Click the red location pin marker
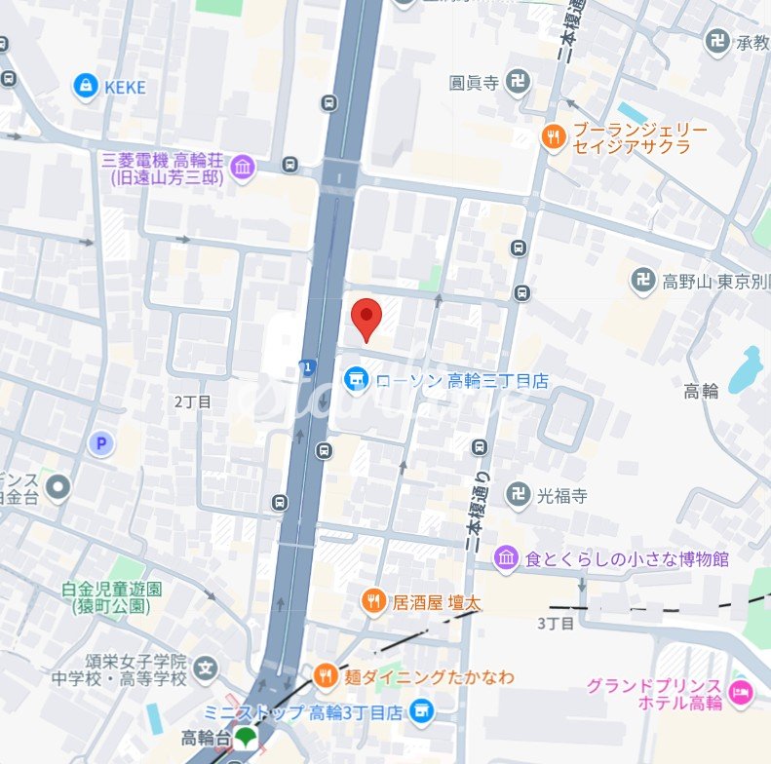[366, 317]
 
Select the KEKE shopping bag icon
[87, 87]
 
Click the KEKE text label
[125, 88]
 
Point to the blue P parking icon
[99, 444]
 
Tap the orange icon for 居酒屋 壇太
[373, 602]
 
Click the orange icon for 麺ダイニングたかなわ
[327, 675]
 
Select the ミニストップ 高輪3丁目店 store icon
[421, 711]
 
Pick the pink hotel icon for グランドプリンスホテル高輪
[740, 694]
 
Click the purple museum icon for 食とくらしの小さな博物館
[506, 559]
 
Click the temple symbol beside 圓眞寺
[519, 82]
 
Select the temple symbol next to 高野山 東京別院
[642, 282]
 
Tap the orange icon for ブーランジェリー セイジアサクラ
[554, 137]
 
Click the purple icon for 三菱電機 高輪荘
[242, 169]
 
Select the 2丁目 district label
[193, 401]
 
